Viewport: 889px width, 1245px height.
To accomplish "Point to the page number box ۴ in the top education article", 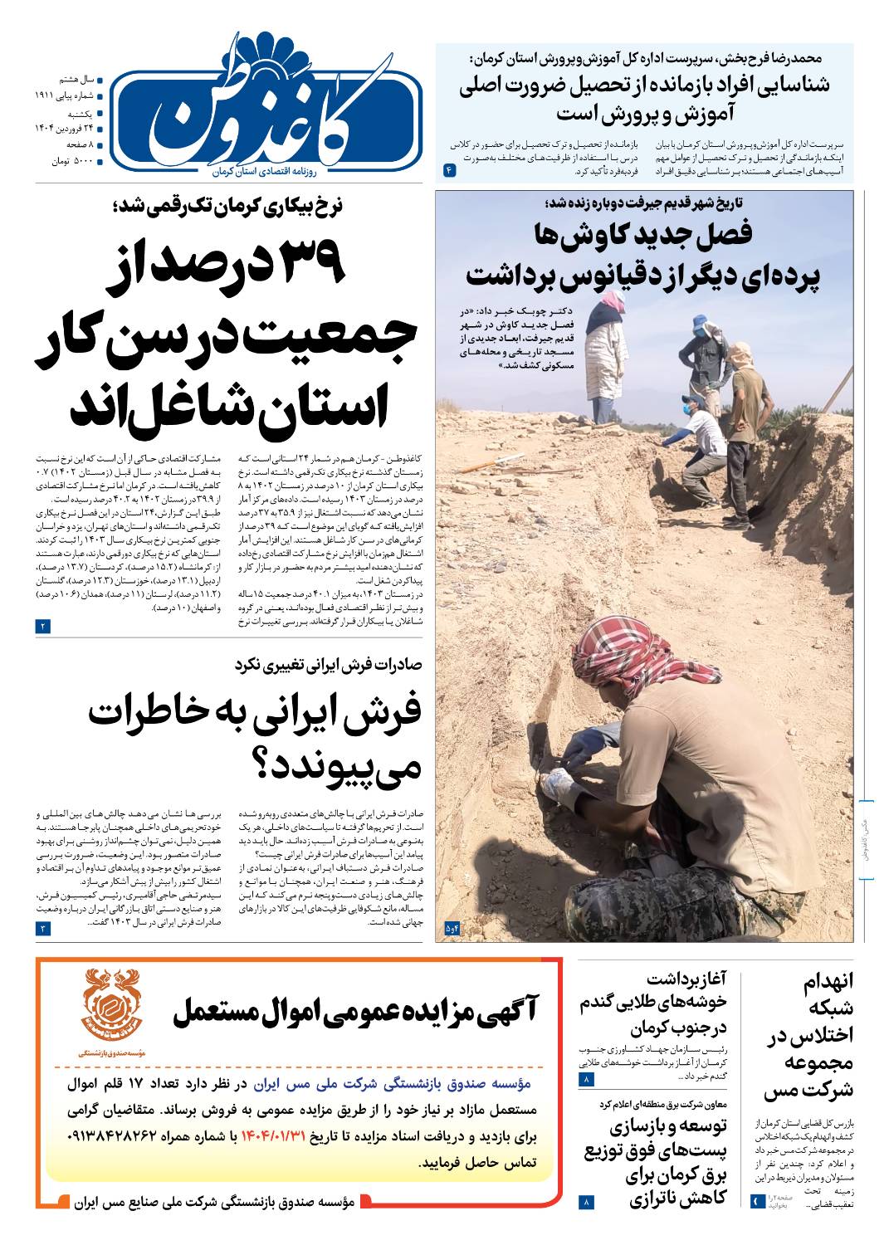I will [x=449, y=169].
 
